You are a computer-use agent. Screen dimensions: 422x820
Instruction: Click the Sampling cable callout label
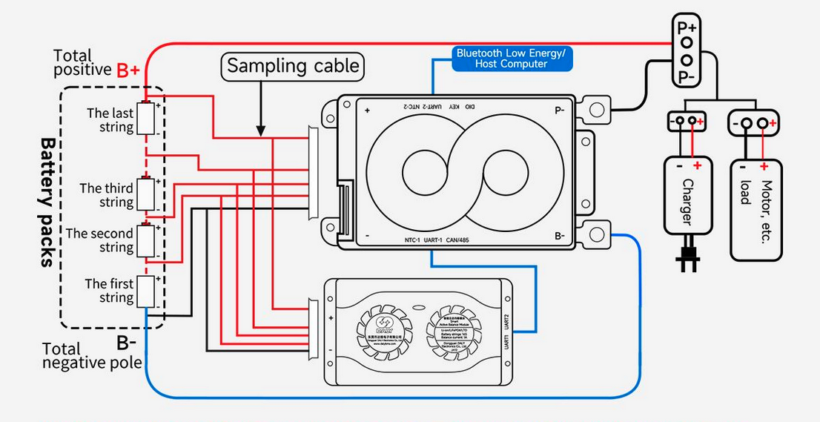coord(293,66)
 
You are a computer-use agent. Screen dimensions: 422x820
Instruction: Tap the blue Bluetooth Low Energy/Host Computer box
coord(512,59)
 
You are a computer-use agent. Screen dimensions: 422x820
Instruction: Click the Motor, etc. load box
coord(755,209)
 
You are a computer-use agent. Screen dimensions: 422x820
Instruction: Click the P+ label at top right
coord(687,27)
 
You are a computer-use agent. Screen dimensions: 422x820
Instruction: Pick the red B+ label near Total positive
coord(128,71)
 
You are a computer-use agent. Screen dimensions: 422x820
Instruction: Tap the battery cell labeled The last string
coord(147,119)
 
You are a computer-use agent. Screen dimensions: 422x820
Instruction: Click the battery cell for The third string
coord(147,194)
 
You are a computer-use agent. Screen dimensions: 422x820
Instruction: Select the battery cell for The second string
coord(147,240)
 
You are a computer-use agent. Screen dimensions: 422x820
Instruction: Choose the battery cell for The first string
coord(147,290)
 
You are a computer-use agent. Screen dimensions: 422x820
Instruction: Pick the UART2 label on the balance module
coord(507,323)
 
